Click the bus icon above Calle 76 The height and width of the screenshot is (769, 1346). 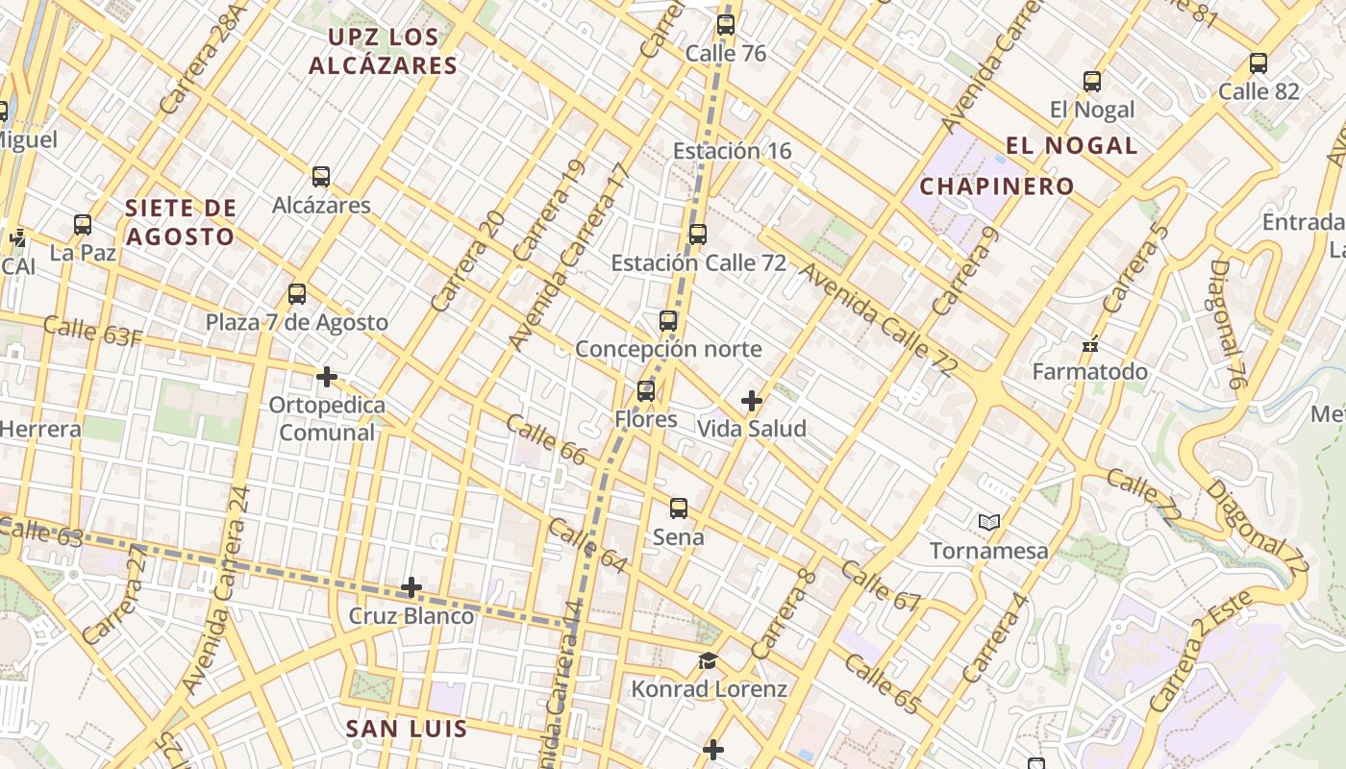[x=726, y=25]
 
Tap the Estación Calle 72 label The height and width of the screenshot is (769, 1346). [x=699, y=262]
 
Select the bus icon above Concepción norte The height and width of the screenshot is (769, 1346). [x=668, y=321]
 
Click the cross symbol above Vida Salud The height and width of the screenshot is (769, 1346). [x=752, y=401]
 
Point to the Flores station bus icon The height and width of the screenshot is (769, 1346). [x=646, y=391]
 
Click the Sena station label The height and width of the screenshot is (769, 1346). [x=679, y=537]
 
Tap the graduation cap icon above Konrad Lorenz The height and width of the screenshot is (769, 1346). [x=709, y=661]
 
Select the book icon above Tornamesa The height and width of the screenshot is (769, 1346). [x=989, y=523]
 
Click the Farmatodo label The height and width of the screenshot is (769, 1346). [x=1090, y=372]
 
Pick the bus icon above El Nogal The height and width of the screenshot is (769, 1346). [x=1092, y=82]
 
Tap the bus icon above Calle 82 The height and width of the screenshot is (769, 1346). [x=1259, y=63]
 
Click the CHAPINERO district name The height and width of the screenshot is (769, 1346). [x=996, y=186]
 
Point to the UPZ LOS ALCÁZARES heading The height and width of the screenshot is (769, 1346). [x=383, y=52]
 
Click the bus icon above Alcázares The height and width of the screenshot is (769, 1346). [x=321, y=177]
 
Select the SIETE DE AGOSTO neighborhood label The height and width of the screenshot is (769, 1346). [x=180, y=222]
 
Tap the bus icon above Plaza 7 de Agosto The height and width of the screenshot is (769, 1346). [x=297, y=294]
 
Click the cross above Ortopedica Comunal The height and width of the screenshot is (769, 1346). [x=327, y=377]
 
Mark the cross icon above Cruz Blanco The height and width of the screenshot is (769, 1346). [x=411, y=587]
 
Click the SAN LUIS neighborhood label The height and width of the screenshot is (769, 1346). [x=407, y=729]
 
